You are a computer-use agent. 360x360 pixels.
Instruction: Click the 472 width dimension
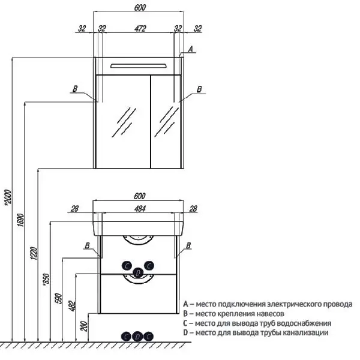140,29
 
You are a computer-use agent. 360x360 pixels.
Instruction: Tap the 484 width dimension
140,209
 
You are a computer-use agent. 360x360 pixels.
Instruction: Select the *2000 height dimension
8,197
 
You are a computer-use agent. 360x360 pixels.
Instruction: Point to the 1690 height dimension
20,220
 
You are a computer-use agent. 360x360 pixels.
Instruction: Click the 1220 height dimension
34,253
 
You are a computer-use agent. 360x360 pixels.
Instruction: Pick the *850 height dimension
46,280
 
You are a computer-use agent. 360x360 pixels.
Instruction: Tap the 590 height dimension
59,298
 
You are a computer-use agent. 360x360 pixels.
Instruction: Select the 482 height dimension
72,306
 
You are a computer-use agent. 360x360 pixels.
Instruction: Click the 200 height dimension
85,326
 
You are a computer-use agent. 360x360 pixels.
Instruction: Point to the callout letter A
191,49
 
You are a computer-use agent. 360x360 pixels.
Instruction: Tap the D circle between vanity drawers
138,273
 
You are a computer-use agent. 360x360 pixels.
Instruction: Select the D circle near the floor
137,337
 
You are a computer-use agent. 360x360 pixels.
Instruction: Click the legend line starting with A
268,304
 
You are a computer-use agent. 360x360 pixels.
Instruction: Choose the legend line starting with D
256,332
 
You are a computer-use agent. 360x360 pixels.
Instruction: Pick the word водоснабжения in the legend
304,323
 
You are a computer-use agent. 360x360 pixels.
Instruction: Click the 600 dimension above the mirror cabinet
140,8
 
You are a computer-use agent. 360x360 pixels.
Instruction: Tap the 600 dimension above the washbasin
140,196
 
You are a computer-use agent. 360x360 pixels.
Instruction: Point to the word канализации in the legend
305,332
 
